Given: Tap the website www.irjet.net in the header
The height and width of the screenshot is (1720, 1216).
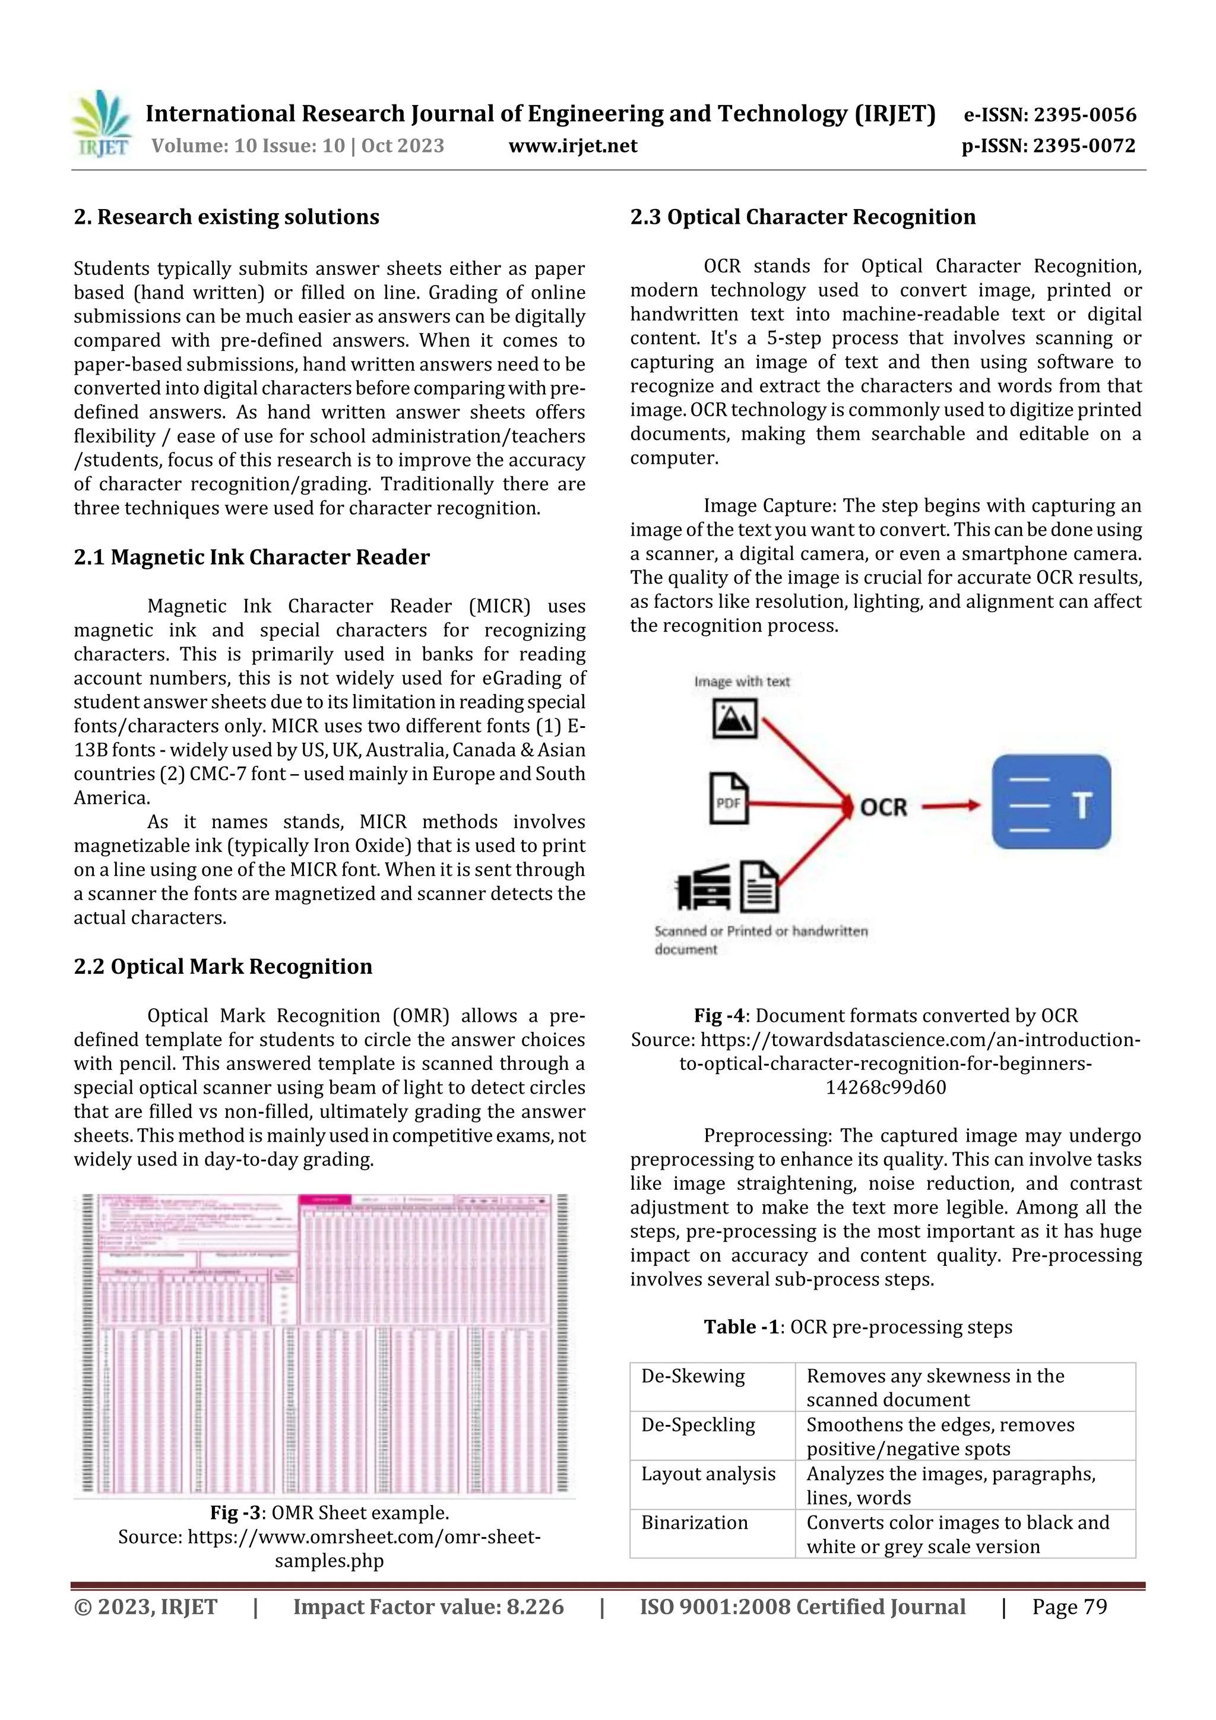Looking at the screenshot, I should click(x=572, y=146).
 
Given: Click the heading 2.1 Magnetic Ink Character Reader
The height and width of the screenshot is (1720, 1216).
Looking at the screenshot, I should click(x=251, y=558).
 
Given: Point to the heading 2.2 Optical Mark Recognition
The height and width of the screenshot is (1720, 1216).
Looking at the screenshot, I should click(x=223, y=967).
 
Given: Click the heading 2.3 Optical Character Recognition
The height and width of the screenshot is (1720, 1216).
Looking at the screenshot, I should click(x=802, y=217).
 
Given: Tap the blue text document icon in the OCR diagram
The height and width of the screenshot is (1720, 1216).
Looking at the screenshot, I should click(x=1050, y=802).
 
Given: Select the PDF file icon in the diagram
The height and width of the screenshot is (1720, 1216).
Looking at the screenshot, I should click(x=729, y=799).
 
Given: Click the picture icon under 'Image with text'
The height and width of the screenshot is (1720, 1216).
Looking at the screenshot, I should click(x=734, y=718).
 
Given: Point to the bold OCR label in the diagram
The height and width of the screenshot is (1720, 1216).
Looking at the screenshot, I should click(x=883, y=807).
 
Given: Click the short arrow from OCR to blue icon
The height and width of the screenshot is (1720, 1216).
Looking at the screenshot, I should click(x=950, y=807).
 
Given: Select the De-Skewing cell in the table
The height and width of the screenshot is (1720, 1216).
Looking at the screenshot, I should click(x=693, y=1376).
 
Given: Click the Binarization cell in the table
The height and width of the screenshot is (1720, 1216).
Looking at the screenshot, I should click(x=695, y=1523).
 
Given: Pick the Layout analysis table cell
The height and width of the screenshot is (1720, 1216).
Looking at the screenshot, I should click(x=708, y=1474).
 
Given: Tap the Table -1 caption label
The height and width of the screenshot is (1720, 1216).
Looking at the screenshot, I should click(x=741, y=1328).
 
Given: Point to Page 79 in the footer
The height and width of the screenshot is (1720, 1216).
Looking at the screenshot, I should click(x=1069, y=1606).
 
